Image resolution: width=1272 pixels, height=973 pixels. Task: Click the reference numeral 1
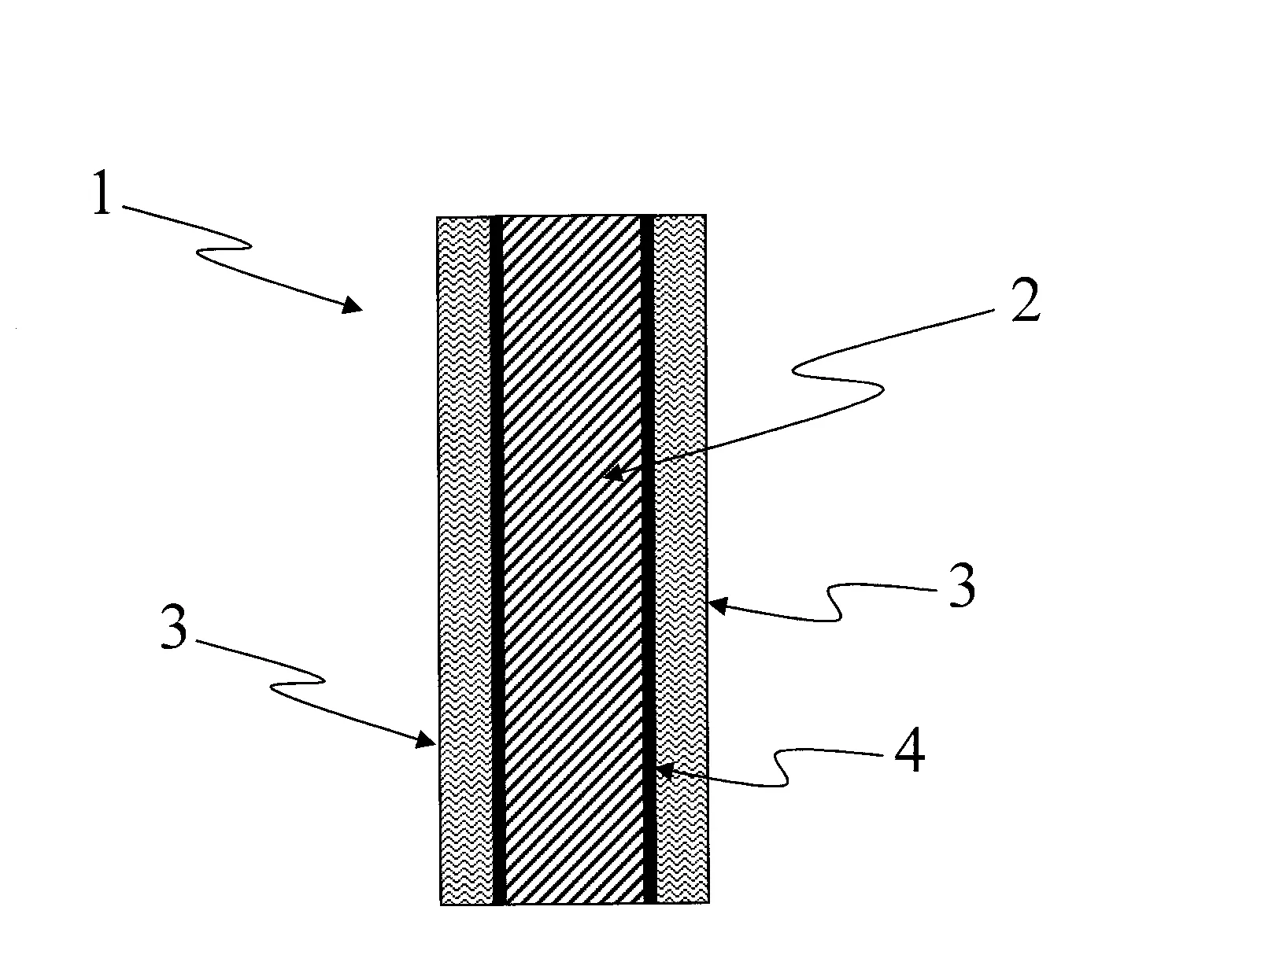(x=102, y=193)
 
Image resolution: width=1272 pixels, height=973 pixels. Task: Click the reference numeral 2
(x=1026, y=299)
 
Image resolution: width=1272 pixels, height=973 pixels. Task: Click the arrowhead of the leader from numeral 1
(x=353, y=304)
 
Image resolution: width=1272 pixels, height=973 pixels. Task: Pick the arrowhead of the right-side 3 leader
(x=718, y=606)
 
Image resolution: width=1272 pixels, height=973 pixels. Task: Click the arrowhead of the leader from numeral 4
(x=666, y=770)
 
